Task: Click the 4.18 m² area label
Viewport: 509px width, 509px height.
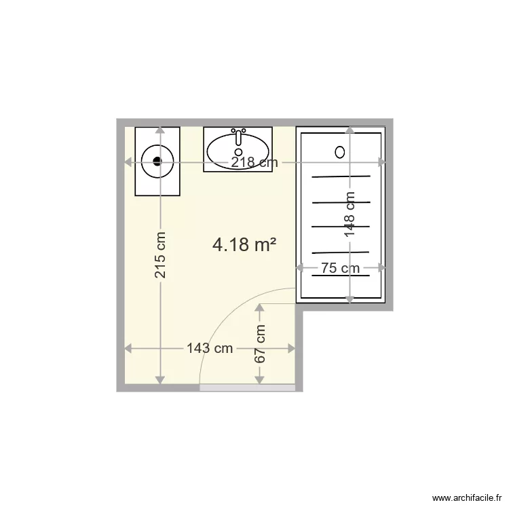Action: [244, 244]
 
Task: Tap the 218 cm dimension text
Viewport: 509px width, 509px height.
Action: [254, 163]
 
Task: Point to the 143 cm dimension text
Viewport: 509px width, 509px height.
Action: [210, 349]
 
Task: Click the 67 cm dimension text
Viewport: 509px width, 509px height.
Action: [260, 343]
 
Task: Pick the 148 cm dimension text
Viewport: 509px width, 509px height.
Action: [350, 214]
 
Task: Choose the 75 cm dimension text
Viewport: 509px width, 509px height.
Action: [341, 268]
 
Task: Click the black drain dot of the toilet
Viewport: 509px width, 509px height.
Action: [157, 162]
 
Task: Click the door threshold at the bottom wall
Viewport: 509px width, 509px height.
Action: [247, 388]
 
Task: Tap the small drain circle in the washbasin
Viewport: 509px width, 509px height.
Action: [238, 151]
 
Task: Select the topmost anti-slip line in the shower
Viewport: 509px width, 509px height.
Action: [341, 176]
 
